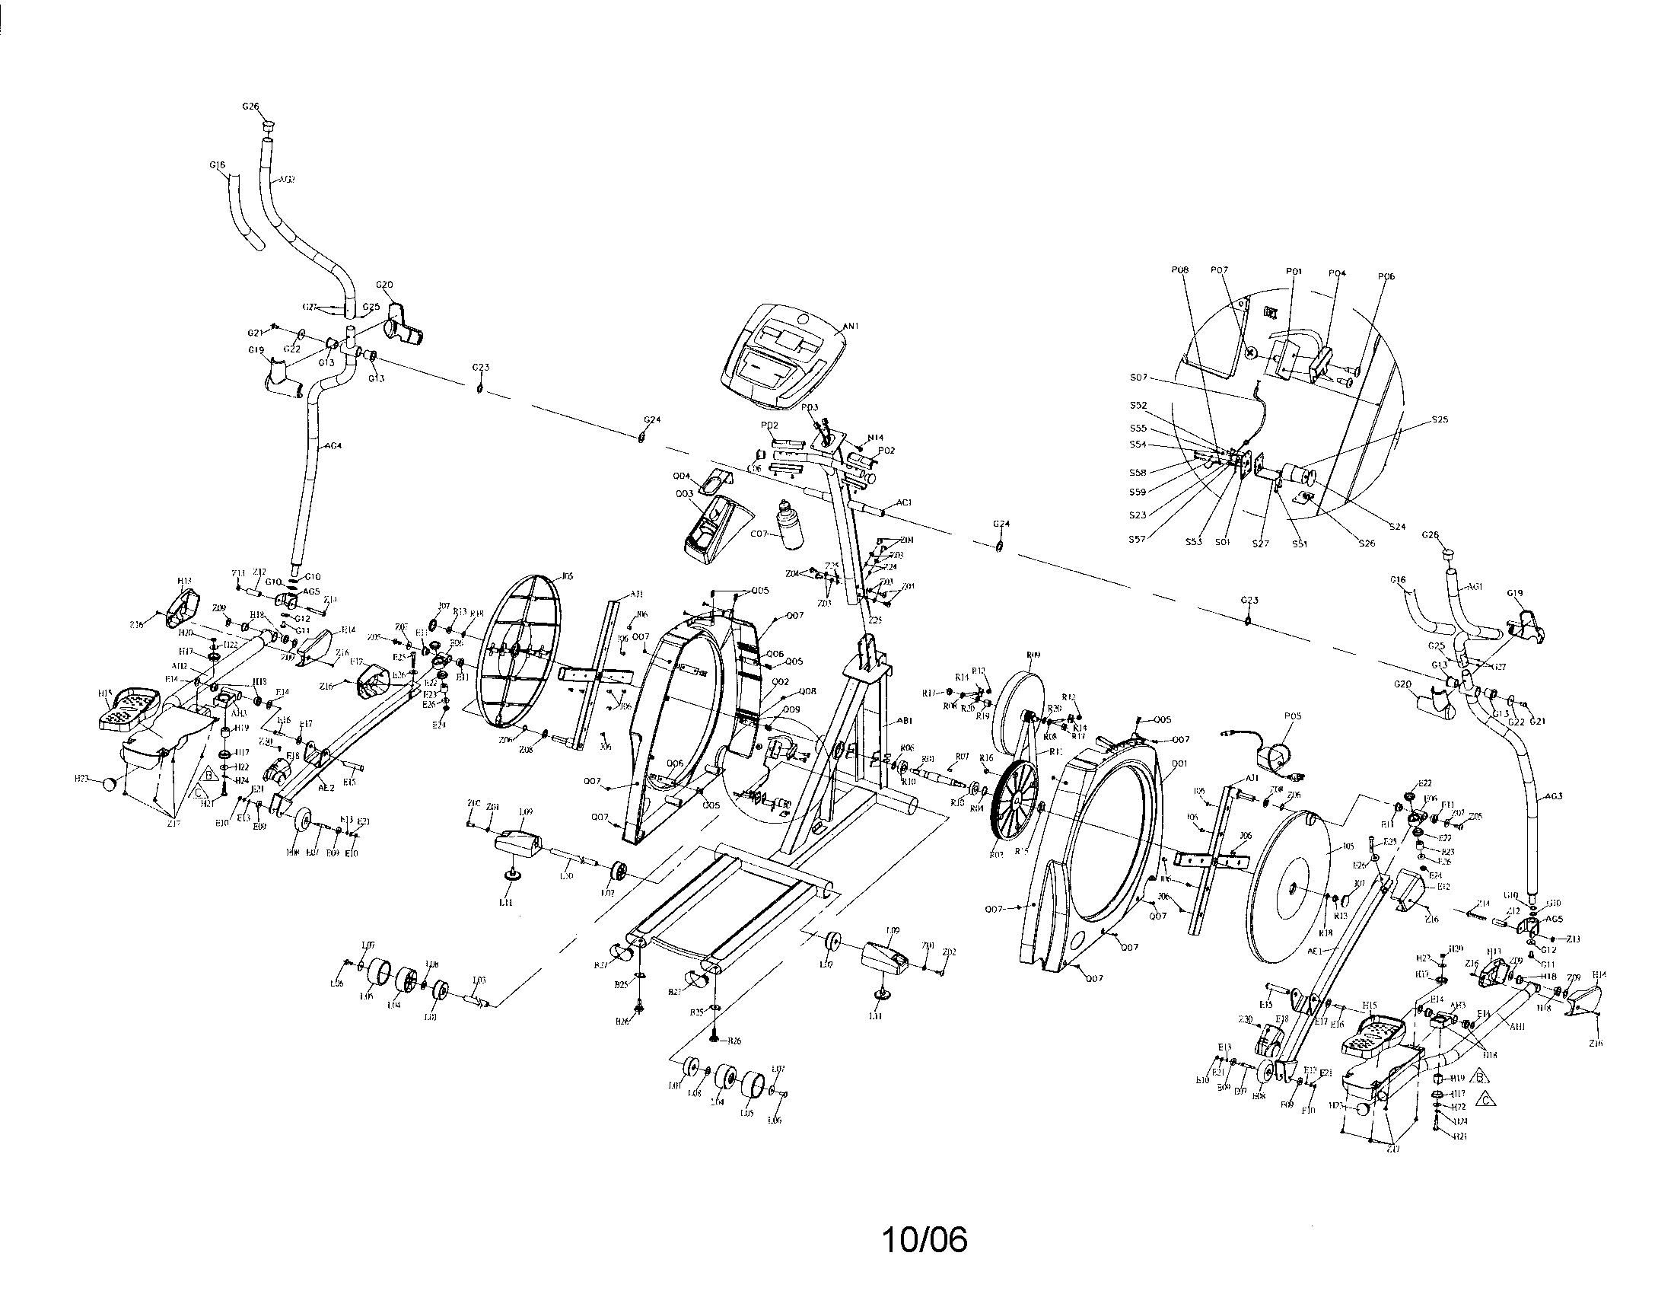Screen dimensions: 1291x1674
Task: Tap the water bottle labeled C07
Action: [x=788, y=525]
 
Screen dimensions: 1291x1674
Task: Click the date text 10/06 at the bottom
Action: [x=925, y=1240]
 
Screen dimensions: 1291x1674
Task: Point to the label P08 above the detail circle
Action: [x=1179, y=270]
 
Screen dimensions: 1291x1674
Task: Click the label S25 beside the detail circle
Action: [x=1440, y=419]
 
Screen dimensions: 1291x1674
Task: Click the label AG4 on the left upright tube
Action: [x=333, y=445]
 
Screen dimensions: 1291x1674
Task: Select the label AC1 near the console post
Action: [x=904, y=502]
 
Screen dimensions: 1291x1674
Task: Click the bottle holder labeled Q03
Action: [x=685, y=495]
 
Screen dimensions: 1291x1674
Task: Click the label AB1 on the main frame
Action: [x=905, y=721]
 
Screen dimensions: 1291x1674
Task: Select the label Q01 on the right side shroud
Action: [x=1179, y=764]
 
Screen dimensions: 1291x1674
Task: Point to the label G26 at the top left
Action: [x=250, y=107]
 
